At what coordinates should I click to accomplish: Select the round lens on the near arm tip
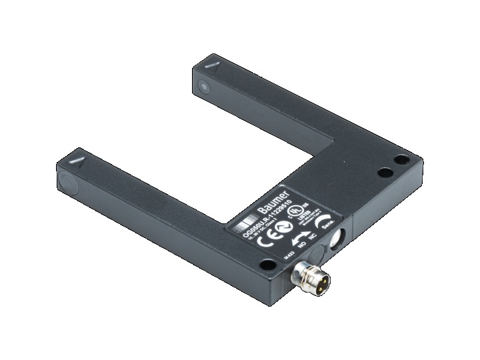pyautogui.click(x=66, y=180)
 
